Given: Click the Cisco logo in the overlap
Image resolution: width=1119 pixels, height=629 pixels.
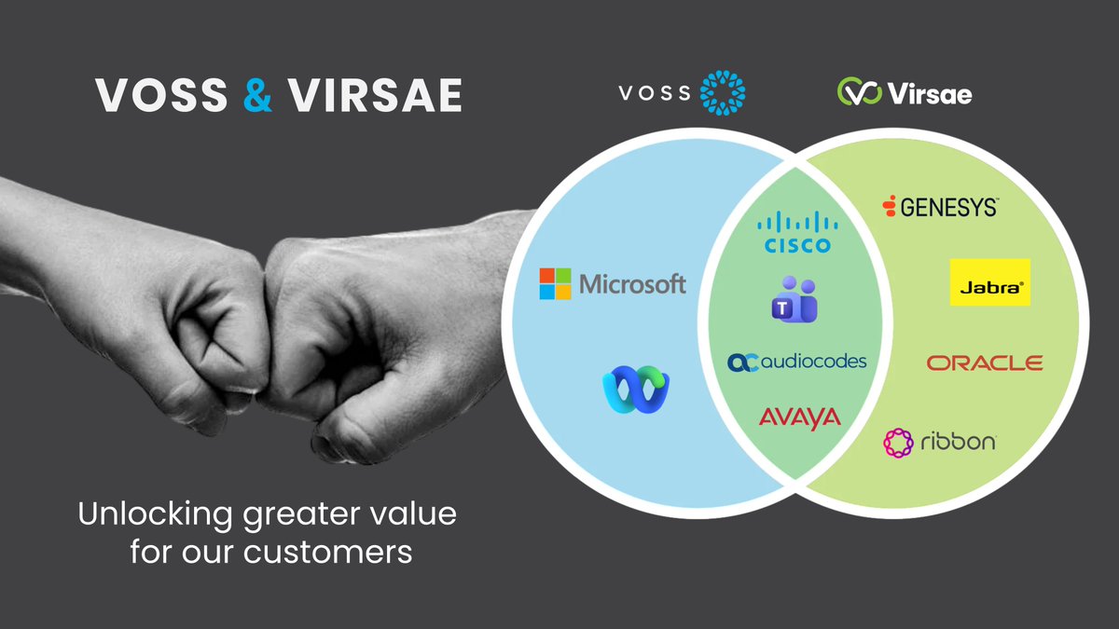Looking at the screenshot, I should (x=796, y=232).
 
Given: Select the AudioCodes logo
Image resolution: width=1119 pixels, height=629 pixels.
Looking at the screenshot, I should (x=797, y=362).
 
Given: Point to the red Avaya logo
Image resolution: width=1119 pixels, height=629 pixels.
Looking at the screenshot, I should (x=799, y=418).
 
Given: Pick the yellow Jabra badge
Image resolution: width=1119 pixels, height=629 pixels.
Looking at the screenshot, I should (x=989, y=282).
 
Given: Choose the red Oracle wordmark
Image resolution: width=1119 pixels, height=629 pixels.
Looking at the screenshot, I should (x=985, y=362).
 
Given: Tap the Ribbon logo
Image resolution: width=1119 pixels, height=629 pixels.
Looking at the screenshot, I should (x=939, y=442).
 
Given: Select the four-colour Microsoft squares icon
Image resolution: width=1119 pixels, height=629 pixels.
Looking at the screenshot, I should (x=555, y=284).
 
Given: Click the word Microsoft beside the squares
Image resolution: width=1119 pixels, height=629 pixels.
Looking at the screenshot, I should (x=632, y=284).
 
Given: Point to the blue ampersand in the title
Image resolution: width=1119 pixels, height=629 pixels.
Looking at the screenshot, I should (x=257, y=95).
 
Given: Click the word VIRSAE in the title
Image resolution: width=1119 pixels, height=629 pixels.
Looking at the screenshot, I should (x=374, y=95).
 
